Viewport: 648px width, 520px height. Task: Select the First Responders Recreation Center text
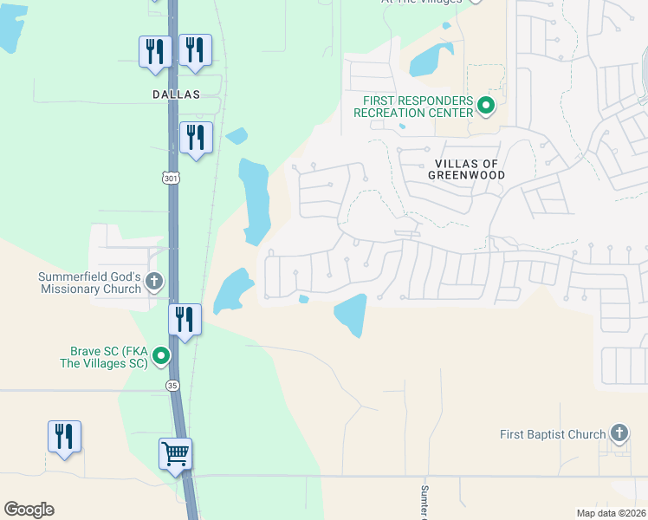[x=418, y=107]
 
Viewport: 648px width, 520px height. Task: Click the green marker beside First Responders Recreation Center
[x=486, y=107]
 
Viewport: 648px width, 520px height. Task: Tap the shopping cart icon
[x=176, y=453]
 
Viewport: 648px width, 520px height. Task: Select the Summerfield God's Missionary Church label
[x=89, y=283]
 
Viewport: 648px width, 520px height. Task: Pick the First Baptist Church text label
[x=554, y=434]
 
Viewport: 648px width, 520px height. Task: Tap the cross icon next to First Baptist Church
[x=619, y=432]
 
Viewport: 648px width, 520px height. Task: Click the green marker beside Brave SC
[x=160, y=355]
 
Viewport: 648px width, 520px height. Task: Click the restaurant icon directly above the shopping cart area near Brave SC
[x=185, y=319]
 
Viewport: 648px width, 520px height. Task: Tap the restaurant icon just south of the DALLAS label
[x=196, y=137]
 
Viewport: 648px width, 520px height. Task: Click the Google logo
[x=29, y=510]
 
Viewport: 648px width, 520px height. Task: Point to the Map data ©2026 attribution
[x=610, y=512]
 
